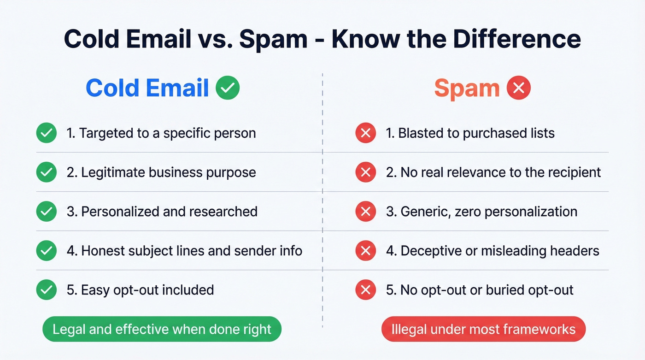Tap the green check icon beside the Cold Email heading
[x=228, y=88]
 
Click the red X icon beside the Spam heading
[x=519, y=88]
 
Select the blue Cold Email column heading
[x=147, y=88]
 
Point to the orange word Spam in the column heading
[x=467, y=88]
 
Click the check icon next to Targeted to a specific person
[x=46, y=134]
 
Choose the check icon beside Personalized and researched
[x=46, y=212]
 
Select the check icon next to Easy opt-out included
[x=46, y=290]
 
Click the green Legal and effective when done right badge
[x=162, y=329]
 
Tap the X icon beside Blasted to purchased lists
[x=365, y=134]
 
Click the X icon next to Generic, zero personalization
[x=365, y=212]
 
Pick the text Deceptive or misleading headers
[x=499, y=251]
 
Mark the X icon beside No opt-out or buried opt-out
[x=365, y=290]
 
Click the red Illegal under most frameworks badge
[x=483, y=330]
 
